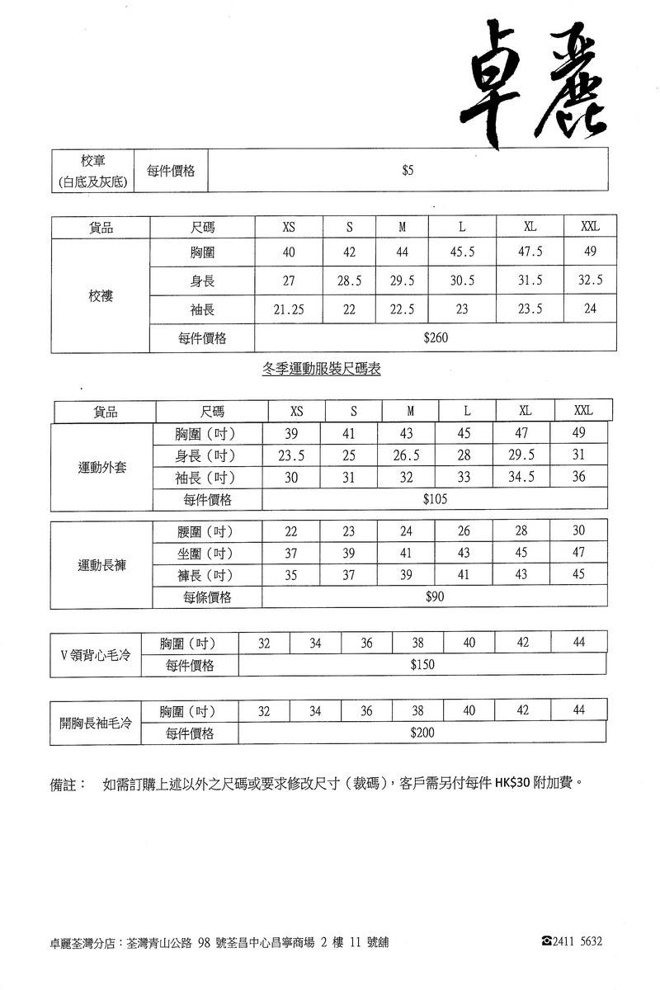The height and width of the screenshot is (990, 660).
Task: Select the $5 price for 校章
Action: click(408, 171)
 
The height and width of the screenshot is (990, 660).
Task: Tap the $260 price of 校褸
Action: click(435, 337)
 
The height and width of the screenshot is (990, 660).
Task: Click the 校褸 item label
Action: click(101, 295)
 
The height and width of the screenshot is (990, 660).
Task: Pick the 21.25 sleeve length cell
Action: click(289, 309)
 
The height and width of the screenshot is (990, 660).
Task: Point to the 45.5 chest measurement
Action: click(462, 252)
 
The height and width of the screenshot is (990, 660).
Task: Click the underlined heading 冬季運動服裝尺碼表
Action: click(321, 371)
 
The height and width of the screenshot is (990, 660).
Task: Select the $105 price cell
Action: click(435, 499)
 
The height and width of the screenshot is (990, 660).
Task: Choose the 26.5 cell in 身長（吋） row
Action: click(407, 455)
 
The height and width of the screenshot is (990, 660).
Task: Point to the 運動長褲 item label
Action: click(102, 565)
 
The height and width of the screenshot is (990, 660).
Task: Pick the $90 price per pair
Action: click(435, 596)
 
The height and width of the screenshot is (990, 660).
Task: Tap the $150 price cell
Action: click(422, 665)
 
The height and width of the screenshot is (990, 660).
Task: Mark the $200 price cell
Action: click(422, 733)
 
